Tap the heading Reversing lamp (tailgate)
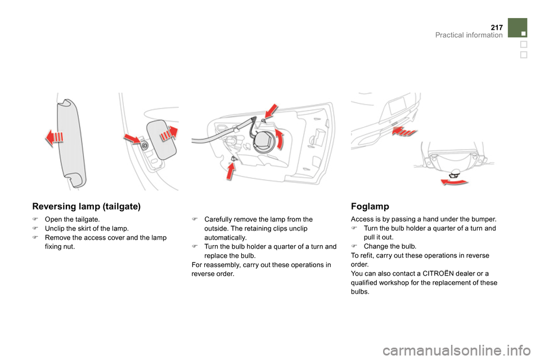coord(86,206)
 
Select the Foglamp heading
coord(370,206)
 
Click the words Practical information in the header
coord(469,35)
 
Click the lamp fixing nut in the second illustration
coord(145,146)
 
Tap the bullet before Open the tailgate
coord(35,219)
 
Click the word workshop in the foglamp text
coord(395,283)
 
